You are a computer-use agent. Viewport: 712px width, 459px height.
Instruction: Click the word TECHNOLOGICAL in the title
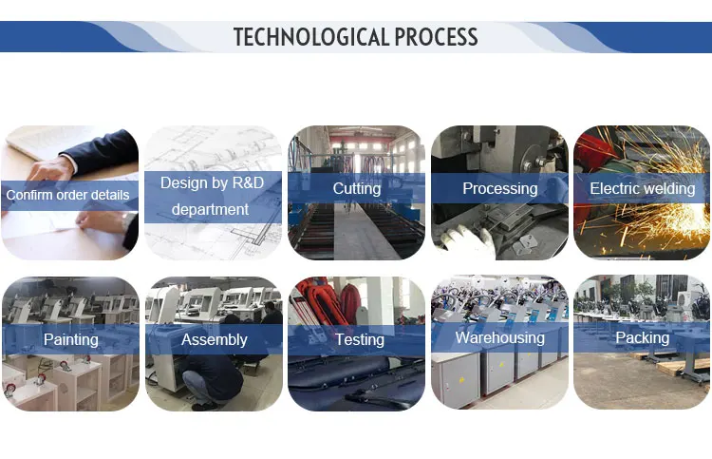(311, 37)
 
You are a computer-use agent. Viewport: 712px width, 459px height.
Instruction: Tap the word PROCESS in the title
(437, 37)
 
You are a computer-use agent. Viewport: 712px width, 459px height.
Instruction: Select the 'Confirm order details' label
(67, 195)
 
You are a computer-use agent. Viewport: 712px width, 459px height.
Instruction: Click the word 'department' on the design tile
(210, 209)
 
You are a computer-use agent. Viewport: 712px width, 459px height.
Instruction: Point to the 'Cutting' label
(357, 188)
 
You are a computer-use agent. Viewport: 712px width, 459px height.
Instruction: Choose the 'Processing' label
(500, 188)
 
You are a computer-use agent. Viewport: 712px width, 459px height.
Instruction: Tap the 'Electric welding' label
(642, 188)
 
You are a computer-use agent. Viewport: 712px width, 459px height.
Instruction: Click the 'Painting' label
(71, 339)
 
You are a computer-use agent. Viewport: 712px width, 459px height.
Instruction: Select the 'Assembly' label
(215, 339)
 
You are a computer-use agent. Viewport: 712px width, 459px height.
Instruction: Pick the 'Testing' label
(360, 339)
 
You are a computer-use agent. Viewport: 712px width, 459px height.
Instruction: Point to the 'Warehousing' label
(500, 337)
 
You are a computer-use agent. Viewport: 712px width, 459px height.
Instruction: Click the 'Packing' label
(642, 337)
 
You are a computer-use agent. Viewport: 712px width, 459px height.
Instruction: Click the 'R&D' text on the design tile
(248, 182)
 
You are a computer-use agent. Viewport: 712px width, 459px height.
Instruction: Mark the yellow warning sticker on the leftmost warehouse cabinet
(461, 379)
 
